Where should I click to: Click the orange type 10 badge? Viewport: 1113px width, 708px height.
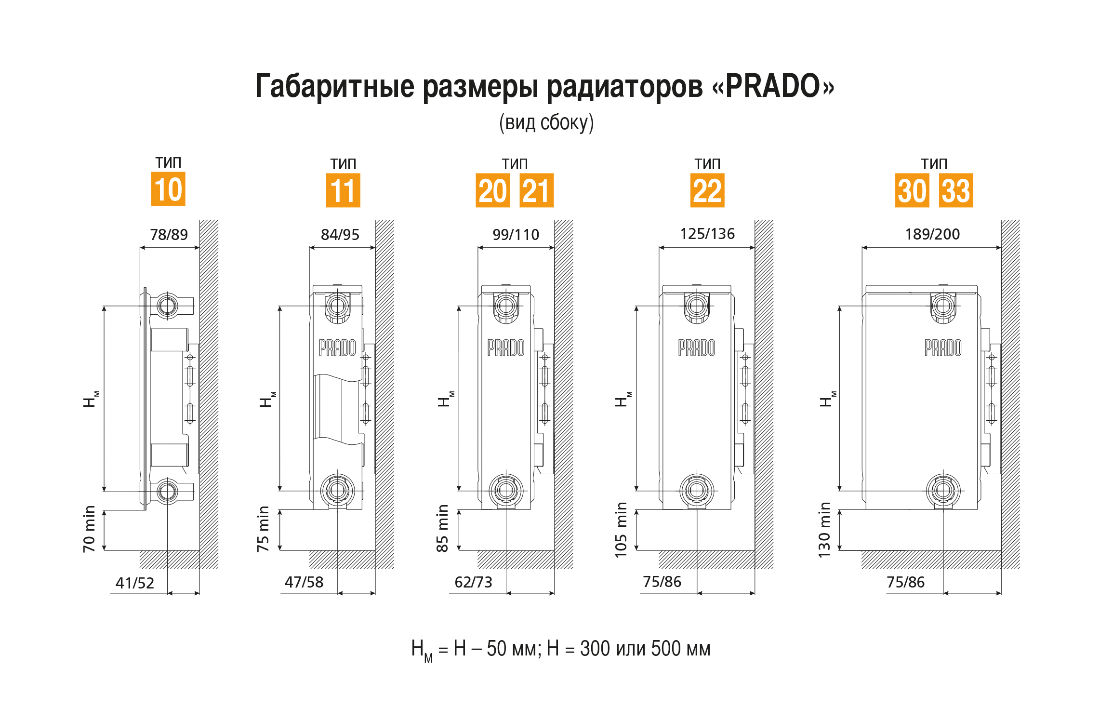pyautogui.click(x=168, y=189)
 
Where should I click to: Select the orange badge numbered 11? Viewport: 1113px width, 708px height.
pyautogui.click(x=343, y=190)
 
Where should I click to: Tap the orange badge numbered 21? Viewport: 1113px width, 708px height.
pyautogui.click(x=536, y=190)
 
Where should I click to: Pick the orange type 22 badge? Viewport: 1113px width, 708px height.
pyautogui.click(x=707, y=190)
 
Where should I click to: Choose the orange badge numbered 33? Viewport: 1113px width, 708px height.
pyautogui.click(x=956, y=190)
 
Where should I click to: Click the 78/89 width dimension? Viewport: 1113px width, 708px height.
pyautogui.click(x=169, y=235)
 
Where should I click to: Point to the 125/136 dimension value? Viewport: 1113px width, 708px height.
pyautogui.click(x=707, y=234)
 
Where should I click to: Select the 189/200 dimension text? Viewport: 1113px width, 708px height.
pyautogui.click(x=932, y=234)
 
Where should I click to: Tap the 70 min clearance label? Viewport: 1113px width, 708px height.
pyautogui.click(x=89, y=529)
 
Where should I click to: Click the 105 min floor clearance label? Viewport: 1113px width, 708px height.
pyautogui.click(x=621, y=530)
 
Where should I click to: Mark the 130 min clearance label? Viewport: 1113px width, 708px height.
pyautogui.click(x=824, y=530)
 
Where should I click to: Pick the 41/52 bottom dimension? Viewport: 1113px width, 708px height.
pyautogui.click(x=135, y=583)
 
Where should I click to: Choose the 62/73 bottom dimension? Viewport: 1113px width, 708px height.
pyautogui.click(x=474, y=582)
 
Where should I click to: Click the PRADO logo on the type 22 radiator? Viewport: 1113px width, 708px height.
pyautogui.click(x=697, y=347)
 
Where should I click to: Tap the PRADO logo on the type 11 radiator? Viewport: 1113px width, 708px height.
pyautogui.click(x=337, y=347)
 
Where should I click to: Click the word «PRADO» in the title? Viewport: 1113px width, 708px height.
pyautogui.click(x=773, y=86)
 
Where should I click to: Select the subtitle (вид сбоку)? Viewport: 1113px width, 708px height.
pyautogui.click(x=546, y=123)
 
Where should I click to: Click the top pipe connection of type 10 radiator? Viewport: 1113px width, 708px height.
pyautogui.click(x=168, y=306)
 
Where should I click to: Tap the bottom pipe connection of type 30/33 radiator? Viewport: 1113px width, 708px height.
pyautogui.click(x=943, y=491)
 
